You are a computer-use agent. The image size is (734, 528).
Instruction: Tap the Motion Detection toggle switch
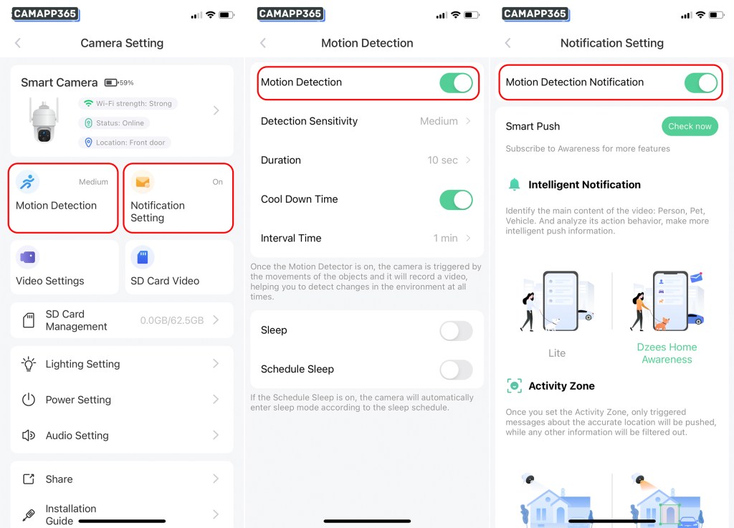click(x=456, y=83)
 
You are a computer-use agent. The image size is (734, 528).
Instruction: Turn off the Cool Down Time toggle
click(x=456, y=200)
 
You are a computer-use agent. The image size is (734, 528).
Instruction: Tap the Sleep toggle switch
click(x=456, y=331)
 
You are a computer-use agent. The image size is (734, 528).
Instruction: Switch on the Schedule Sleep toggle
click(x=456, y=370)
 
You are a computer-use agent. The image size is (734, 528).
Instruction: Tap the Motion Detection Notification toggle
click(x=701, y=83)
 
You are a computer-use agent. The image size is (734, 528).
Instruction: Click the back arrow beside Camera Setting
click(x=18, y=43)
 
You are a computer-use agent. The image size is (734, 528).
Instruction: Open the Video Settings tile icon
click(x=28, y=257)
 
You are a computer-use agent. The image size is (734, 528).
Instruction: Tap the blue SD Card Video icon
click(x=143, y=257)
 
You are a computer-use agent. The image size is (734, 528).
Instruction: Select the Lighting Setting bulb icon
click(x=29, y=364)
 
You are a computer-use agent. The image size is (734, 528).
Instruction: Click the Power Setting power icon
click(x=29, y=399)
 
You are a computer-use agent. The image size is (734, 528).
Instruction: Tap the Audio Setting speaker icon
click(x=29, y=436)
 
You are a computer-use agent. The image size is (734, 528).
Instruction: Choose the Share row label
click(x=59, y=479)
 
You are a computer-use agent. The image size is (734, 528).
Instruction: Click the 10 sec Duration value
click(x=442, y=160)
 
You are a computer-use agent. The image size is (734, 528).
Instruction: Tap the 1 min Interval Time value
click(x=445, y=238)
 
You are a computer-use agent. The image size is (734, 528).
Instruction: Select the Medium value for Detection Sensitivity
click(x=439, y=121)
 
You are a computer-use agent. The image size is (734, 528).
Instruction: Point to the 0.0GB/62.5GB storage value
click(x=172, y=320)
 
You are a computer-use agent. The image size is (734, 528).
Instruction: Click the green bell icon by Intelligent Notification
click(x=514, y=184)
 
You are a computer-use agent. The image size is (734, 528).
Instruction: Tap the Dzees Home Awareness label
click(x=667, y=353)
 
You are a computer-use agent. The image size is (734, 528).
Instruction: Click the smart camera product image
click(x=44, y=120)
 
